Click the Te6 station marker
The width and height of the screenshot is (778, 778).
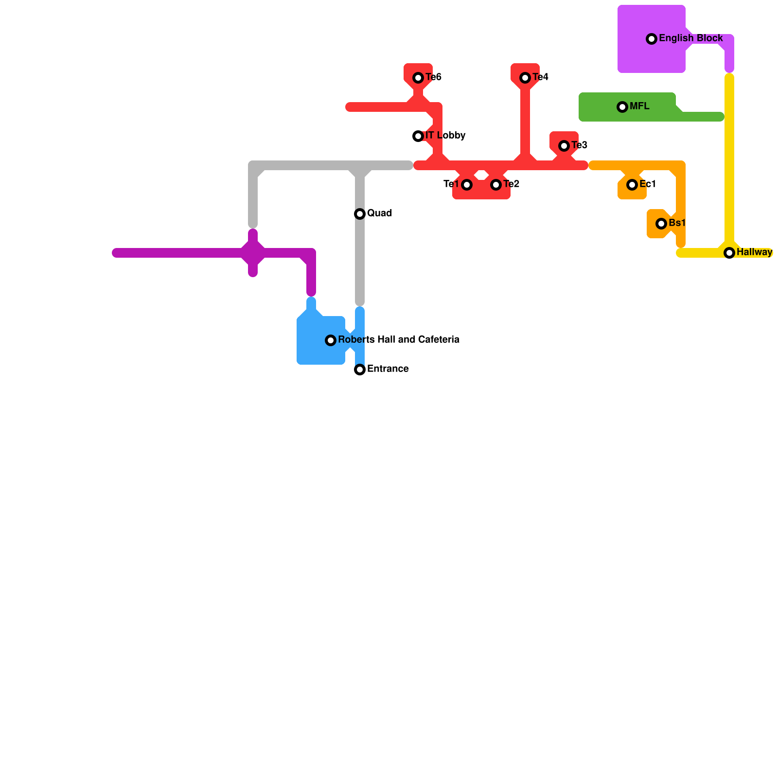pyautogui.click(x=418, y=78)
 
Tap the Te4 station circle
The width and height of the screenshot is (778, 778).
pyautogui.click(x=525, y=78)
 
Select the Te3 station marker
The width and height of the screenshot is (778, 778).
pyautogui.click(x=564, y=146)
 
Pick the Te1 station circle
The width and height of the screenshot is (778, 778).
pyautogui.click(x=467, y=185)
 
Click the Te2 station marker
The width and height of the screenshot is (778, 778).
pyautogui.click(x=496, y=185)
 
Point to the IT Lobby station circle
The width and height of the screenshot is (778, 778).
pyautogui.click(x=418, y=136)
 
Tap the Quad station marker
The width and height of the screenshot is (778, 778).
pyautogui.click(x=360, y=214)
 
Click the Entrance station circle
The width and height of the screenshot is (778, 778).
pyautogui.click(x=360, y=370)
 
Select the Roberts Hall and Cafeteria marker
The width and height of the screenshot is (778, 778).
pyautogui.click(x=331, y=340)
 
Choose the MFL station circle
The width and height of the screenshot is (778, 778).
pyautogui.click(x=622, y=107)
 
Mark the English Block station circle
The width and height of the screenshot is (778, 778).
pyautogui.click(x=652, y=39)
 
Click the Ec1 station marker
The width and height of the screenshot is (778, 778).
pyautogui.click(x=632, y=185)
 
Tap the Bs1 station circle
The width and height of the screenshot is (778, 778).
pyautogui.click(x=661, y=224)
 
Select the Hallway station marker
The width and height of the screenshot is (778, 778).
pyautogui.click(x=729, y=253)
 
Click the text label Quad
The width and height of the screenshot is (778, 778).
pyautogui.click(x=379, y=213)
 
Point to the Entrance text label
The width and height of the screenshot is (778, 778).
pyautogui.click(x=388, y=369)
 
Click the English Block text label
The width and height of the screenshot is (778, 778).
pyautogui.click(x=690, y=38)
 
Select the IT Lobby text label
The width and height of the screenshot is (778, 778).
pyautogui.click(x=445, y=136)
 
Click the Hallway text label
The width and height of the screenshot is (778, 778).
pyautogui.click(x=754, y=252)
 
